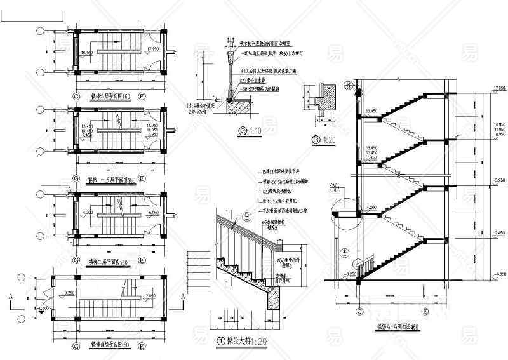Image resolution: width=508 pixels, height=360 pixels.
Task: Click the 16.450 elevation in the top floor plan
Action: click(87, 52)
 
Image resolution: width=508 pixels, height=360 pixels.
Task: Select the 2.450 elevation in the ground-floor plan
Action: click(151, 295)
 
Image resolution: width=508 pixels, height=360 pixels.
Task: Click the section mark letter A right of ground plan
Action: click(183, 296)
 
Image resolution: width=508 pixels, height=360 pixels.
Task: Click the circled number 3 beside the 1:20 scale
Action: click(316, 139)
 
